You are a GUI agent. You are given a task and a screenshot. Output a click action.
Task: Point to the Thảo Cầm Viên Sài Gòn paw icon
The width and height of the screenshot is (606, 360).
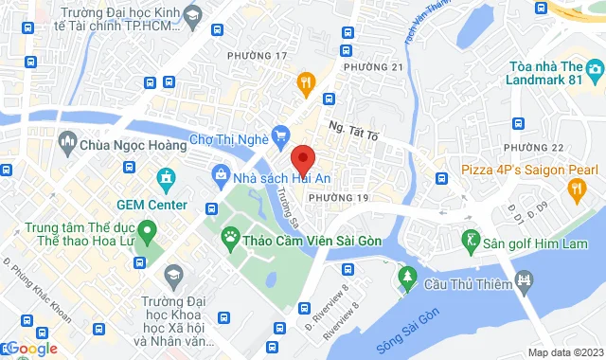(x=229, y=236)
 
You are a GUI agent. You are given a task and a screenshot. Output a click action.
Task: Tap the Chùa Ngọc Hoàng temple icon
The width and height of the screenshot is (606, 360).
(x=67, y=144)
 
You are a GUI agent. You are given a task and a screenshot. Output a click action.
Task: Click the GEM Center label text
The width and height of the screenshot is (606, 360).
(x=151, y=204)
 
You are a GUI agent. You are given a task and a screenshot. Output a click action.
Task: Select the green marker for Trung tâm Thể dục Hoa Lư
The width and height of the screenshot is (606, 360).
(x=147, y=230)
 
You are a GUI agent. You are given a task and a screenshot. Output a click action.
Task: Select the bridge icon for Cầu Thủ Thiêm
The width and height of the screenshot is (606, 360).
(x=523, y=279)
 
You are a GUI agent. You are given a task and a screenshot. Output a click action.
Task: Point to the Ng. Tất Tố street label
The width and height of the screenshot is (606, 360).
(x=353, y=132)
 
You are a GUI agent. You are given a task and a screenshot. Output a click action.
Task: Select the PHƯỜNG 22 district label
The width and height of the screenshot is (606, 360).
(x=533, y=148)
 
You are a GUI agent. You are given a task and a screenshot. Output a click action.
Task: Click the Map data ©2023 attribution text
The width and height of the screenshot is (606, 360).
(x=564, y=352)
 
